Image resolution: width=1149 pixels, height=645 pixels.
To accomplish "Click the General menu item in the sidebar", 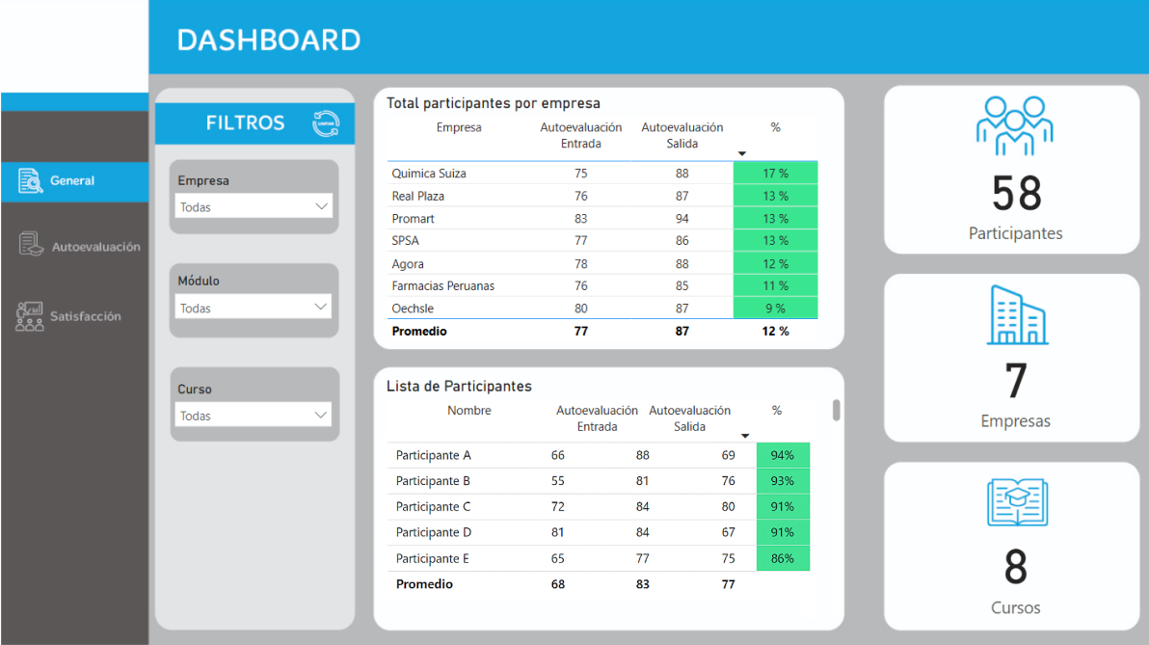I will tap(72, 181).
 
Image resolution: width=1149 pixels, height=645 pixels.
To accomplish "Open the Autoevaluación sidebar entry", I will tap(94, 247).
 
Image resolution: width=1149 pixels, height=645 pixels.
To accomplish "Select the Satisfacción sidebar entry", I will tap(85, 316).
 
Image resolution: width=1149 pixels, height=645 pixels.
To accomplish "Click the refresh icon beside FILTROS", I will tap(326, 123).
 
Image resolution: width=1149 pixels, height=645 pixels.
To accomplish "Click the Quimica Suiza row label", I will tap(429, 174).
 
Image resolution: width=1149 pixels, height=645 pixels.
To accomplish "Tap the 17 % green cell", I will tap(775, 174).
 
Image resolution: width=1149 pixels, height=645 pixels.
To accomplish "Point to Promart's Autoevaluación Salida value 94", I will tap(682, 219).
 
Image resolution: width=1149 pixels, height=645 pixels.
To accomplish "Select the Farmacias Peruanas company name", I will tap(443, 286).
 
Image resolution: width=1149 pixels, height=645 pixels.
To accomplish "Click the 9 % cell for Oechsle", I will tap(775, 309).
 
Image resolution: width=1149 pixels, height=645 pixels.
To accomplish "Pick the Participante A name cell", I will tap(434, 455).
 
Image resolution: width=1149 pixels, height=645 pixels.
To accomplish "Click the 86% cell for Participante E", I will tap(783, 558).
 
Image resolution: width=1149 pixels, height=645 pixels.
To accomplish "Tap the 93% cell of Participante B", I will tap(783, 481).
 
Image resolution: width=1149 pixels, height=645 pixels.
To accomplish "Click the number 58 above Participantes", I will tap(1016, 194).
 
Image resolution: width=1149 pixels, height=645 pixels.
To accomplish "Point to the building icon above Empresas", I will tap(1016, 315).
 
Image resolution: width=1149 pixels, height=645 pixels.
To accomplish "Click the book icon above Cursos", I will tap(1016, 503).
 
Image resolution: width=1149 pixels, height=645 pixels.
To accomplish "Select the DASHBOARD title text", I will tap(269, 40).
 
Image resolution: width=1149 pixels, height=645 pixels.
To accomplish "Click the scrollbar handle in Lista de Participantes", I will tap(837, 411).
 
